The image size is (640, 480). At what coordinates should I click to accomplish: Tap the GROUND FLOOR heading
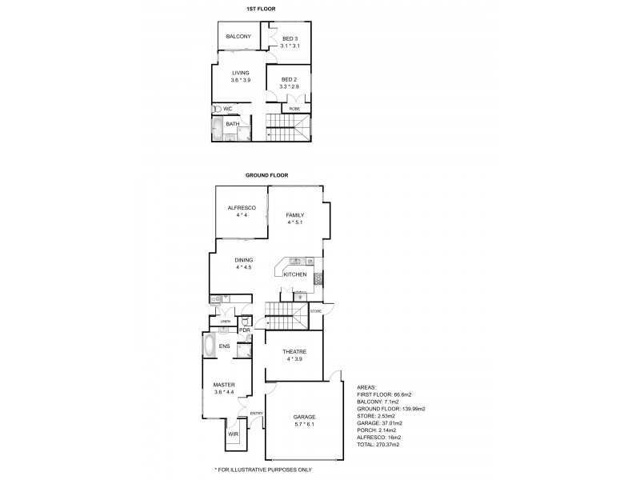267,174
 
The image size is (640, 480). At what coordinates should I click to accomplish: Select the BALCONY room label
238,38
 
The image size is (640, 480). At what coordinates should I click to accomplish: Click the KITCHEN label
295,275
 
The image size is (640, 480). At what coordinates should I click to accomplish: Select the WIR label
233,434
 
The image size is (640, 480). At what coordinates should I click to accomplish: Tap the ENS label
226,347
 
